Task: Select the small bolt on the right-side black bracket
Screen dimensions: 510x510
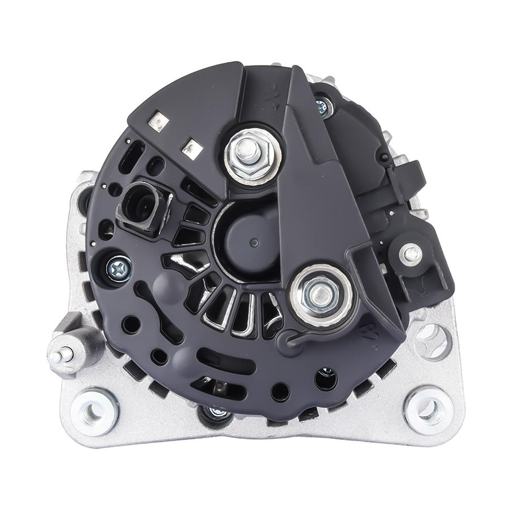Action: coord(411,254)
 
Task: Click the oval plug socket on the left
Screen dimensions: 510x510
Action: coord(139,203)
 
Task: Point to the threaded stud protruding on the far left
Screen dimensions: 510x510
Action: coord(60,356)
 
